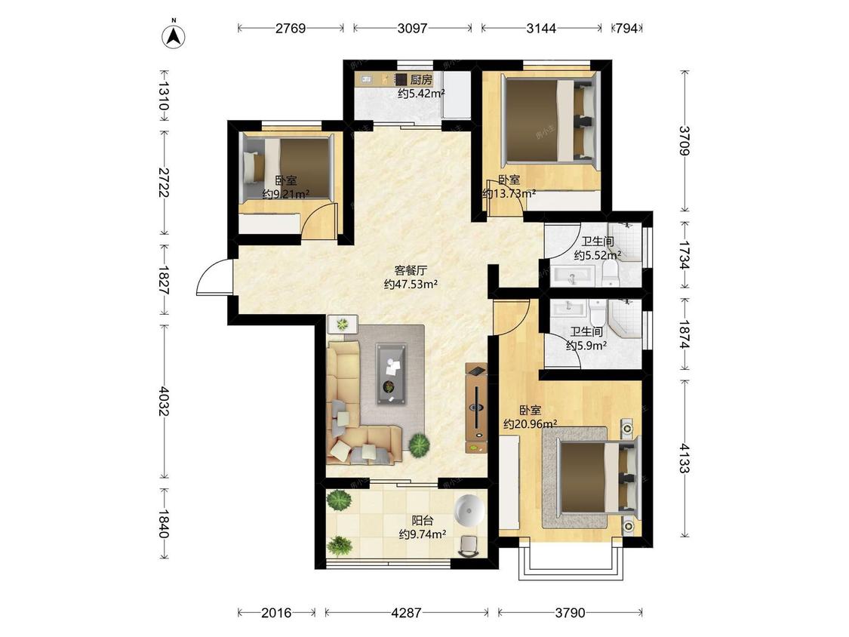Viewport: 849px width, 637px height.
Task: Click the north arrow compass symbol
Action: (174, 35)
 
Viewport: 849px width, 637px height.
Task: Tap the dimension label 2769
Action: (291, 28)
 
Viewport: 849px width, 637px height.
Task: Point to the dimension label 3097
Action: (413, 28)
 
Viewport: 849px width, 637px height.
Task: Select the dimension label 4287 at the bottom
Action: (406, 613)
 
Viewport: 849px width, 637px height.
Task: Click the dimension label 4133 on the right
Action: (685, 458)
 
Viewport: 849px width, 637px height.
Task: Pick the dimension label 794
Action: (627, 28)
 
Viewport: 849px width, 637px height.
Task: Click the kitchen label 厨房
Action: (420, 80)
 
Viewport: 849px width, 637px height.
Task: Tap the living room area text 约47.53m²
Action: (411, 284)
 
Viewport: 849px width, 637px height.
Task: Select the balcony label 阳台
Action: (423, 521)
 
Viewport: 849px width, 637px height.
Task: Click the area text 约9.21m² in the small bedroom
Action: (286, 194)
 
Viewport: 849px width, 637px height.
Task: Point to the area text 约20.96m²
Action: (530, 424)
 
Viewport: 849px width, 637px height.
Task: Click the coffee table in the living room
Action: (392, 374)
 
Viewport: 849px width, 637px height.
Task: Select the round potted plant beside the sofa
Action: (419, 445)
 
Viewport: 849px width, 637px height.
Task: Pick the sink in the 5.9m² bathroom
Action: (568, 308)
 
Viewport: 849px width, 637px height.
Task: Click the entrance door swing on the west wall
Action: (213, 276)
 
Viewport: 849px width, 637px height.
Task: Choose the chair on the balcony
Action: (469, 546)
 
